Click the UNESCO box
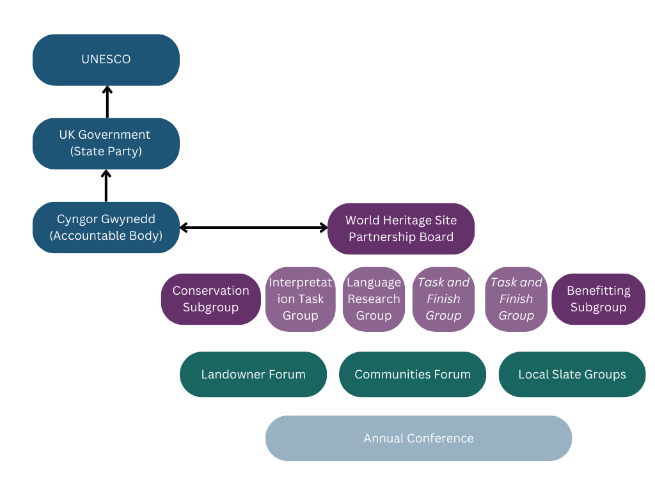tap(106, 59)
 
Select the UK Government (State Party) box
tap(106, 143)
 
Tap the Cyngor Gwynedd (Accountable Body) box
tap(106, 227)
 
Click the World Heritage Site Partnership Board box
tap(401, 228)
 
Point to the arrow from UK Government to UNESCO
tap(107, 102)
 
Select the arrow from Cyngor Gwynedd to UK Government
tap(107, 186)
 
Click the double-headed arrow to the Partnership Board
tap(253, 227)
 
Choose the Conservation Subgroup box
tap(211, 299)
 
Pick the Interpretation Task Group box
tap(301, 299)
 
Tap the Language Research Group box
tap(374, 299)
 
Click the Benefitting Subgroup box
tap(598, 299)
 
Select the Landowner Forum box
tap(253, 374)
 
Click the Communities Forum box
tap(413, 374)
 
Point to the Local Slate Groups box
tap(572, 374)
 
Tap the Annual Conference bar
tap(418, 438)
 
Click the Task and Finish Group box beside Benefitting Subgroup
tap(516, 299)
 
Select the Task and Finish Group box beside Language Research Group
tap(443, 299)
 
